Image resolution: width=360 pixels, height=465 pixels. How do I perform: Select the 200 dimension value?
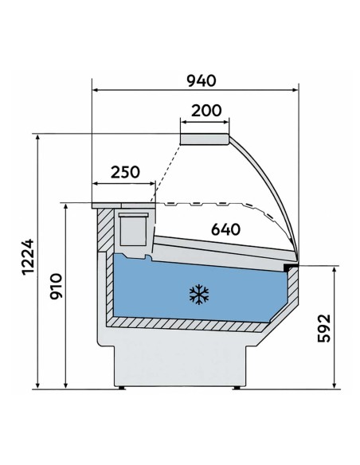click(207, 111)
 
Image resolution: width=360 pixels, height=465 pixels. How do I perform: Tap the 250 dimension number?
click(124, 171)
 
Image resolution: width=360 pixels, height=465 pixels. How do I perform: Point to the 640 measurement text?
click(225, 230)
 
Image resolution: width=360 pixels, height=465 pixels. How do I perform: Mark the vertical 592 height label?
click(322, 326)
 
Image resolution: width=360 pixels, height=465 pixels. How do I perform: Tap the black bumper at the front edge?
click(295, 265)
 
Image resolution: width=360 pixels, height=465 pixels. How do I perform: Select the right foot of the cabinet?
click(240, 389)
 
